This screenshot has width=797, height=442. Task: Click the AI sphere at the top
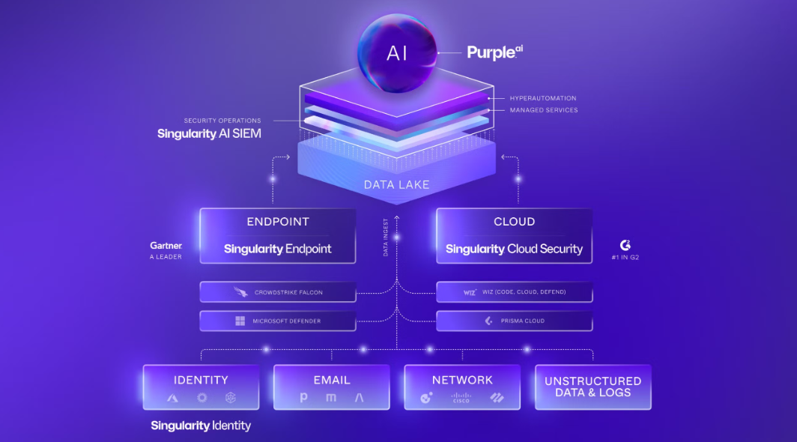click(x=397, y=52)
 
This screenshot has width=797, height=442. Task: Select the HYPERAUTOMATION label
click(x=543, y=98)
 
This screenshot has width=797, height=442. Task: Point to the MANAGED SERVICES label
click(x=544, y=110)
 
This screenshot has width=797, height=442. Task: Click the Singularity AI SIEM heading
click(x=209, y=134)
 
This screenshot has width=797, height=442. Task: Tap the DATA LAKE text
click(x=397, y=184)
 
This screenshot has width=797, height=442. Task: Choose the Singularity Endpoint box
click(x=278, y=236)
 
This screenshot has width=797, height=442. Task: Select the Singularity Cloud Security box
click(x=514, y=236)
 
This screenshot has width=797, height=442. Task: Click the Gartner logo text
click(x=166, y=246)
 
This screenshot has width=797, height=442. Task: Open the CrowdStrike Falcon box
click(x=278, y=292)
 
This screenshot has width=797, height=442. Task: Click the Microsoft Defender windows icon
click(x=240, y=321)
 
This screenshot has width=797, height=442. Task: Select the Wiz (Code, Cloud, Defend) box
click(x=514, y=292)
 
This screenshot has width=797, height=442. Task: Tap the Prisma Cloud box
click(x=514, y=321)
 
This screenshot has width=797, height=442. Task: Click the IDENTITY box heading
click(x=201, y=380)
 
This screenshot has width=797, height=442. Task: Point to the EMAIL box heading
click(x=332, y=380)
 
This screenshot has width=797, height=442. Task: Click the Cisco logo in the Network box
click(x=461, y=399)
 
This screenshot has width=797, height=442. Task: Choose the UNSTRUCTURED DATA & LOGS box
click(x=593, y=387)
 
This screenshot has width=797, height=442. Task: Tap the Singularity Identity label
click(x=201, y=426)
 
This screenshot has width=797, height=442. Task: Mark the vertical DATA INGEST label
click(x=386, y=237)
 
